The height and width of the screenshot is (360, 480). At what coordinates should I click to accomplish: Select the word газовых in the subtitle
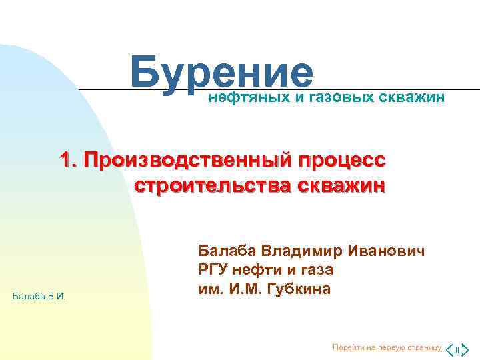point(340,99)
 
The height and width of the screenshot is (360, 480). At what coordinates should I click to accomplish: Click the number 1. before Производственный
point(71,161)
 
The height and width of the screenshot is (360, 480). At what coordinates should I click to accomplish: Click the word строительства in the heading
point(213,185)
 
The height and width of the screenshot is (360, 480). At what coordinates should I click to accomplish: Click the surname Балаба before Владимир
point(227,251)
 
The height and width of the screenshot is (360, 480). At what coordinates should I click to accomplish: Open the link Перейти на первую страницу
point(387,347)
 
